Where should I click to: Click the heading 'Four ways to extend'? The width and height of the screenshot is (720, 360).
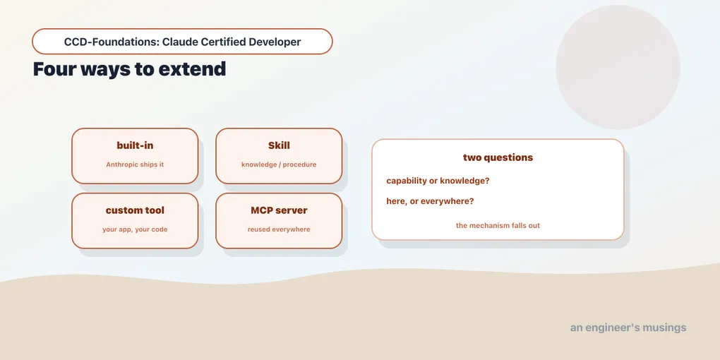coord(129,69)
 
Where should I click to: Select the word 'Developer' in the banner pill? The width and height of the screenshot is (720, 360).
coord(275,42)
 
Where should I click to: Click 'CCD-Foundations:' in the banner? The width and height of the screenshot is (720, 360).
coord(112,42)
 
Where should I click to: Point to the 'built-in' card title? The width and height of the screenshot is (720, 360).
coord(135,145)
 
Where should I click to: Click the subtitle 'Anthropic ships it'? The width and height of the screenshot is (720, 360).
coord(135,164)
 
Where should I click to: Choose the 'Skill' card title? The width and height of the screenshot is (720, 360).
coord(280,145)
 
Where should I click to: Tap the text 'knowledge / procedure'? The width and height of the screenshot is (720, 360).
coord(280,164)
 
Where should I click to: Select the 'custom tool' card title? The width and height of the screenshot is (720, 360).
coord(135,210)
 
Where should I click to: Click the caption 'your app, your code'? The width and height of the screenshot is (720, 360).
coord(135,229)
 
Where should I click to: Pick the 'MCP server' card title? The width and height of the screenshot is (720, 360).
coord(280,210)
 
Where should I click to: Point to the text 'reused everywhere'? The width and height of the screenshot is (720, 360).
coord(280,229)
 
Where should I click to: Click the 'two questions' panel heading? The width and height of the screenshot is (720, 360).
coord(498,157)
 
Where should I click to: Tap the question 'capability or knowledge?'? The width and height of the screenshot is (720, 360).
coord(438,181)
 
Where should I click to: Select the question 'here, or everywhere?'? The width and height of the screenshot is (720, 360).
coord(431,201)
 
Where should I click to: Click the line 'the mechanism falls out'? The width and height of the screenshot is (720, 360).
coord(498,225)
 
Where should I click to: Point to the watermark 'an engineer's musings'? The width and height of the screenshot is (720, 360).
coord(629,328)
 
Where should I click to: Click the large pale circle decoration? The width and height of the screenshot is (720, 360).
coord(618,67)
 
